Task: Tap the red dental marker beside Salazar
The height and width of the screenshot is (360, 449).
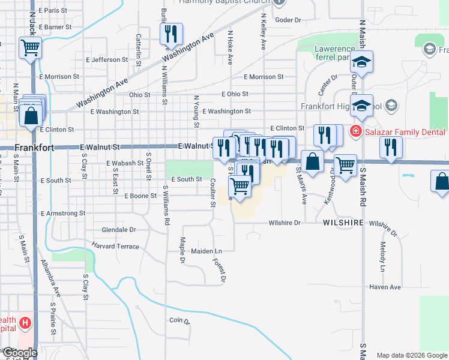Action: [356, 131]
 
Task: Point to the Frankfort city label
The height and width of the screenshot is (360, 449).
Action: [34, 147]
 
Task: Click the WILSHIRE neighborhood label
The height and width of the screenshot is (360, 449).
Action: [343, 223]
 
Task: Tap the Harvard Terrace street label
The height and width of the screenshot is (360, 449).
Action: [115, 246]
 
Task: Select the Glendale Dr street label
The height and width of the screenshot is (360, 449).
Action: [119, 230]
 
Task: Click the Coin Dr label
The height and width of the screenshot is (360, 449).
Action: [179, 321]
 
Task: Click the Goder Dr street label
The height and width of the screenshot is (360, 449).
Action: [288, 20]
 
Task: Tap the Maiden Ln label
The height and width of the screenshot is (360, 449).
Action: [206, 251]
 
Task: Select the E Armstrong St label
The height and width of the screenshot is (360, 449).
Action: [63, 213]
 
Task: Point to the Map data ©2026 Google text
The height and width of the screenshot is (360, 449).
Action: [412, 355]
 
